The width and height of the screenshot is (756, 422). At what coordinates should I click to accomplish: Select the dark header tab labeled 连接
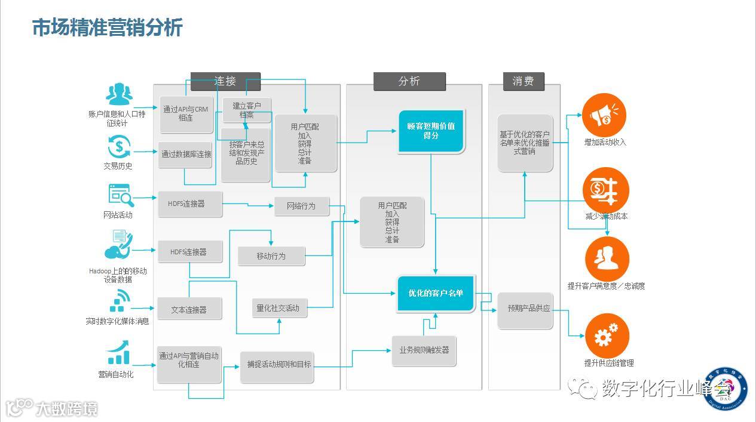(x=225, y=81)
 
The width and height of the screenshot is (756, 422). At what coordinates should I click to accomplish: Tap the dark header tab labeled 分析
(x=409, y=81)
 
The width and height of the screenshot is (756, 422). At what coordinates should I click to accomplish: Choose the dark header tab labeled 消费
(x=523, y=81)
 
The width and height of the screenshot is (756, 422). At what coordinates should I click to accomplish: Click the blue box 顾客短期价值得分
(x=431, y=131)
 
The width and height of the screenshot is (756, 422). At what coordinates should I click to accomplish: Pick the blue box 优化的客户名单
(x=436, y=293)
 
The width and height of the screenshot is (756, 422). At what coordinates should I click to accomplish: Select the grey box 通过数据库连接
(x=186, y=154)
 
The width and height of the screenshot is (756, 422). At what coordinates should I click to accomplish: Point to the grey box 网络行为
(x=301, y=207)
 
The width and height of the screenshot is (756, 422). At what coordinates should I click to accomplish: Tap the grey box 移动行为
(x=271, y=256)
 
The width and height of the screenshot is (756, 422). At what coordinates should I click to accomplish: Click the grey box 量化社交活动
(x=277, y=308)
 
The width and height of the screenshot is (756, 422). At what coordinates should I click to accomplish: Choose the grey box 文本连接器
(x=189, y=310)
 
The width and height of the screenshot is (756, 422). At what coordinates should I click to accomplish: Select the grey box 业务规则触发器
(x=424, y=350)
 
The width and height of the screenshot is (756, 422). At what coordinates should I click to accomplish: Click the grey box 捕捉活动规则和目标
(x=276, y=364)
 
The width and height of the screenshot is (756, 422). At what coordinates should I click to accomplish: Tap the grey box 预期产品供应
(x=525, y=309)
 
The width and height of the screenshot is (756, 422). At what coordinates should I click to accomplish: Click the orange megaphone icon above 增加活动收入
(x=604, y=115)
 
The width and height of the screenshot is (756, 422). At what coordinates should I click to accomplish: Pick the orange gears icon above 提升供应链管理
(x=607, y=335)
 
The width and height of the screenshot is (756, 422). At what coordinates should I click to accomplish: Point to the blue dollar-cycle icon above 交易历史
(x=118, y=146)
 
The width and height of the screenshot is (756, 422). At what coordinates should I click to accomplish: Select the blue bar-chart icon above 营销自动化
(x=118, y=353)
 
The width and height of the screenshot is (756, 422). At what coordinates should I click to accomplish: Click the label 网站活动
(x=118, y=215)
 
